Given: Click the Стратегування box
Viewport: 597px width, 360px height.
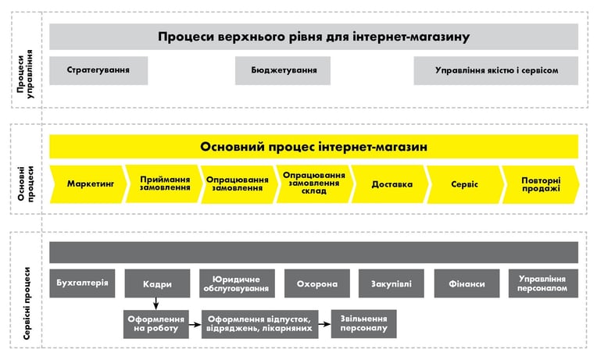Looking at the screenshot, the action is pos(98,70).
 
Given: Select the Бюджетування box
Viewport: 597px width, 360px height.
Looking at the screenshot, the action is pos(283,70).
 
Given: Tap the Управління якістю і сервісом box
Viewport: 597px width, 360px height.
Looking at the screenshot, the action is pos(495,70).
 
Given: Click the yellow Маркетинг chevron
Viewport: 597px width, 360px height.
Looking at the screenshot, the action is pos(88,184).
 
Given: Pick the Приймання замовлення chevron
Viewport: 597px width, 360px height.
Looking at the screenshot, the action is pos(164,184).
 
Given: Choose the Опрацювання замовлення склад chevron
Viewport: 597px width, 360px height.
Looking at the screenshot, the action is pos(314,184).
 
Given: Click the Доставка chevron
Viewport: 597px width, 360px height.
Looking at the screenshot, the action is pos(390,184).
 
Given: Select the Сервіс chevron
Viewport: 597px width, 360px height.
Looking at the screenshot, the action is pos(465,184).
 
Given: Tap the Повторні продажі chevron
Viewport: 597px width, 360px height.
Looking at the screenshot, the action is pos(541,184).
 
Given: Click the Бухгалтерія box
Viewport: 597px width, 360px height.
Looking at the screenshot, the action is pos(82,283).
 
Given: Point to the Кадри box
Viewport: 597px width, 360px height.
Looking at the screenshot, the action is pos(157,283).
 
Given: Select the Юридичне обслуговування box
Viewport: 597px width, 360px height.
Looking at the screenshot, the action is pos(237,283).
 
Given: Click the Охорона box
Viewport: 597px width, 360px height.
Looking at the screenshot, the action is pos(317,283).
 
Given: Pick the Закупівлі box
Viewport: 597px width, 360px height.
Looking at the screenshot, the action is pos(391,283).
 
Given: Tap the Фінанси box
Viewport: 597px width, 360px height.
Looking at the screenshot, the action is pos(467,283).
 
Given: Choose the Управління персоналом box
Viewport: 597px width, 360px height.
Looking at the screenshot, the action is pos(543,283).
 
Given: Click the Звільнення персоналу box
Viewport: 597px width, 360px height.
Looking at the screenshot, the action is pos(364,324).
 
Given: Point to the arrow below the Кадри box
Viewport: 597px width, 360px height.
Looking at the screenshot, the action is pos(156,303).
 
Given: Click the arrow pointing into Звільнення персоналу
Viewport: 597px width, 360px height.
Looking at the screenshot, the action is pos(325,324).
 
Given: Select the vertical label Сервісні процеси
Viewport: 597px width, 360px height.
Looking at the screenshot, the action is pos(27,303).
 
